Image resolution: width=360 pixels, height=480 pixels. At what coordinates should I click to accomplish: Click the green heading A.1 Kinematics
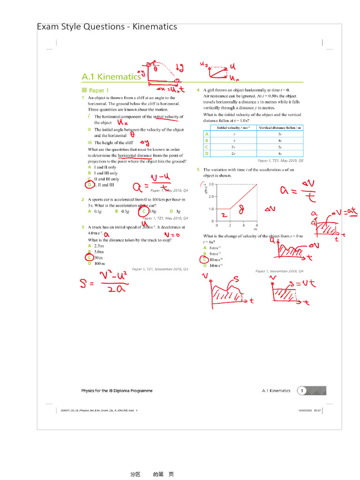click(111, 76)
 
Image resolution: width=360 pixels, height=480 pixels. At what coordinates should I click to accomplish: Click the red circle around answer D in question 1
click(89, 185)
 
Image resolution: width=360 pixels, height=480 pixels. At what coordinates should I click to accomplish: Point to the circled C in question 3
click(89, 257)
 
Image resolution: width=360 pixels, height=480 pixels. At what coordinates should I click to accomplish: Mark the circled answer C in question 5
click(204, 260)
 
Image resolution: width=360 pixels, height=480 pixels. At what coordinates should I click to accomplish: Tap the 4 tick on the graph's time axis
click(243, 225)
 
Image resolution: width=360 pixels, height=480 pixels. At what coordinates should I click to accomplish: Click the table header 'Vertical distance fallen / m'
click(280, 127)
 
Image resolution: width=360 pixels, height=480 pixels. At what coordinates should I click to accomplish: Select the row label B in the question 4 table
click(207, 140)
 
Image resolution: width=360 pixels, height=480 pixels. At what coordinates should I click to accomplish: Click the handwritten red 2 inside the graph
click(224, 215)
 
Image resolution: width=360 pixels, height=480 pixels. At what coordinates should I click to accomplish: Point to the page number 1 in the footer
click(303, 390)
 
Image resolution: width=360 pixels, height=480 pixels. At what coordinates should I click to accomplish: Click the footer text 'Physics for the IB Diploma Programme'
click(117, 390)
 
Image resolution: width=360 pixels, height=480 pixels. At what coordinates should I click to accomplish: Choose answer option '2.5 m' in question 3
click(98, 246)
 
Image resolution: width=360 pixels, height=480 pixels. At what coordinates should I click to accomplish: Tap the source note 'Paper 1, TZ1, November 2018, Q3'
click(160, 269)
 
